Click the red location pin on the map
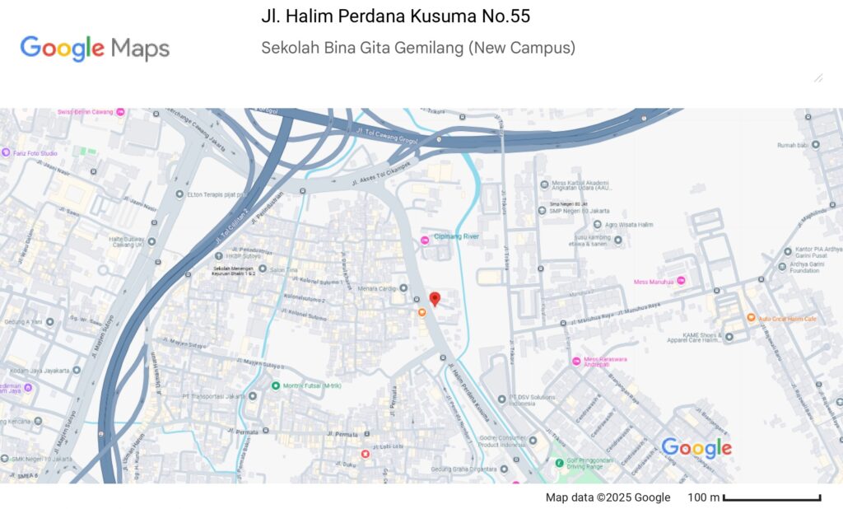pyautogui.click(x=435, y=299)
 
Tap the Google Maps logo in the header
pyautogui.click(x=95, y=49)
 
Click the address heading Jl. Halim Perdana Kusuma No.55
pyautogui.click(x=395, y=16)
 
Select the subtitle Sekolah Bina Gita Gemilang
pyautogui.click(x=418, y=48)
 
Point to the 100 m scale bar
pyautogui.click(x=771, y=497)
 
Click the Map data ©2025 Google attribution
pyautogui.click(x=608, y=497)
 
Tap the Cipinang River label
pyautogui.click(x=456, y=237)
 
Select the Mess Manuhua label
pyautogui.click(x=654, y=282)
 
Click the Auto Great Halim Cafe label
pyautogui.click(x=787, y=318)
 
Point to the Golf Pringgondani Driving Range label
pyautogui.click(x=596, y=462)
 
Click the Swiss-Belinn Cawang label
pyautogui.click(x=86, y=111)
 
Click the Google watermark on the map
pyautogui.click(x=696, y=447)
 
